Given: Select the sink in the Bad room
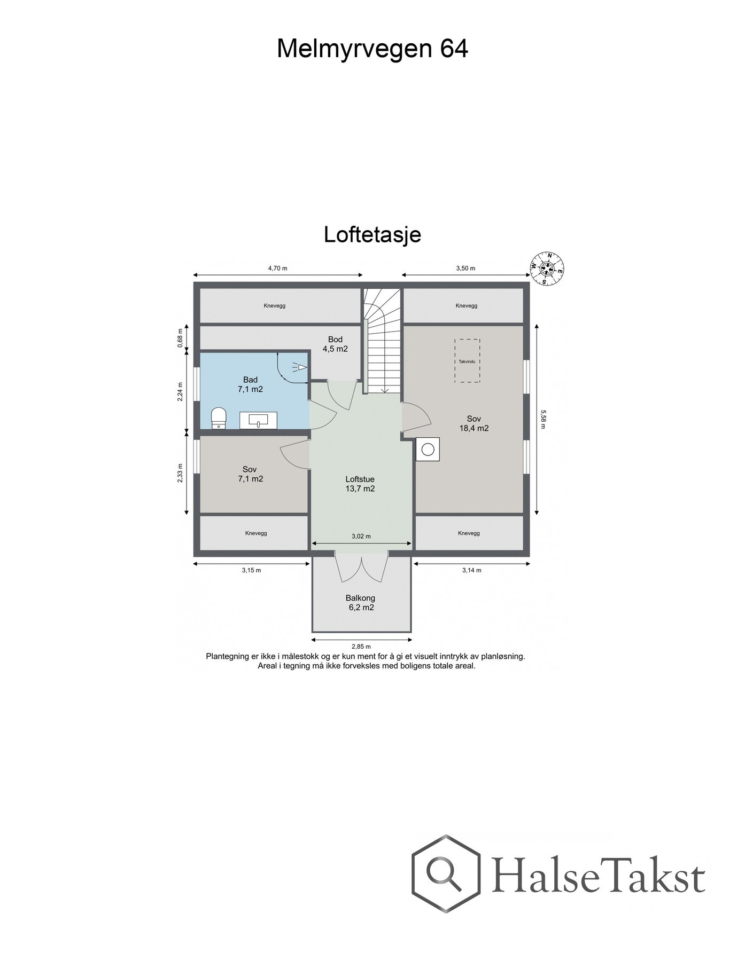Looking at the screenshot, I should pos(258,420).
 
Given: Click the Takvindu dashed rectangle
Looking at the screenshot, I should pos(467,360).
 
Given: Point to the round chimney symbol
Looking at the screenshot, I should pos(428,449).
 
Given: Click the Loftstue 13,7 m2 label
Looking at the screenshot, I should pos(360,484).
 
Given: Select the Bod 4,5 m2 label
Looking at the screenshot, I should pos(335,344).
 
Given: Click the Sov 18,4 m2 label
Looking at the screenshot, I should pos(474,423).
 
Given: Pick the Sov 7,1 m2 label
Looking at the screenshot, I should pos(250,474).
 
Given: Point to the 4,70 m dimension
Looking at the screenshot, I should pos(277,269).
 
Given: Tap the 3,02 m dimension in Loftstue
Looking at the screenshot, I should pos(361,536).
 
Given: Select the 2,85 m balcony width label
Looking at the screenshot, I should pos(362,647).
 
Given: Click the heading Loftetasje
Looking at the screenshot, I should pos(372,235).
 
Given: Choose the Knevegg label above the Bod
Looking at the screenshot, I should pos(275,306).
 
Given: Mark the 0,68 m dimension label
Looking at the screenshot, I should pos(181,337).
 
